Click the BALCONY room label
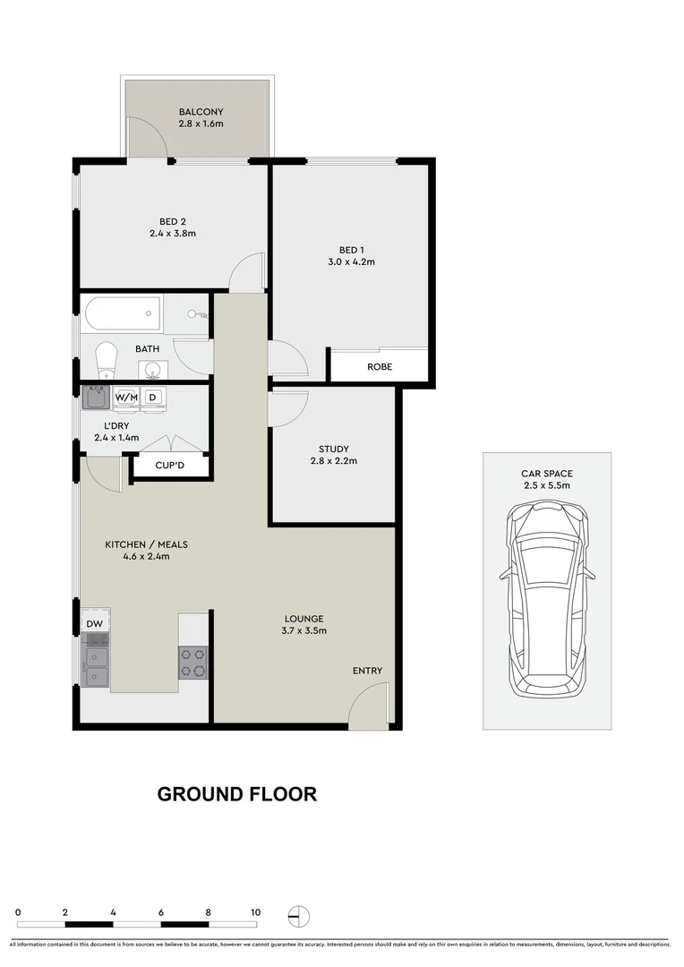201,112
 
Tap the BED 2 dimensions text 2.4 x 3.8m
173,234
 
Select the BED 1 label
351,250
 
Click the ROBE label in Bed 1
380,367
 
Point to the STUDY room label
333,449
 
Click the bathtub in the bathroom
122,314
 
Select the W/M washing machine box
124,397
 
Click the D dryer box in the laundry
152,397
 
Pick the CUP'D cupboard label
172,466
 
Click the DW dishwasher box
94,623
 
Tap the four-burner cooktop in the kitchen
192,663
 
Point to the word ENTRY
367,671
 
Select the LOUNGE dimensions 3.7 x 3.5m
304,630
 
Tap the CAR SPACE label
547,474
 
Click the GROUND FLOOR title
237,794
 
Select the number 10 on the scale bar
255,912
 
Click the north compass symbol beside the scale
298,915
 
